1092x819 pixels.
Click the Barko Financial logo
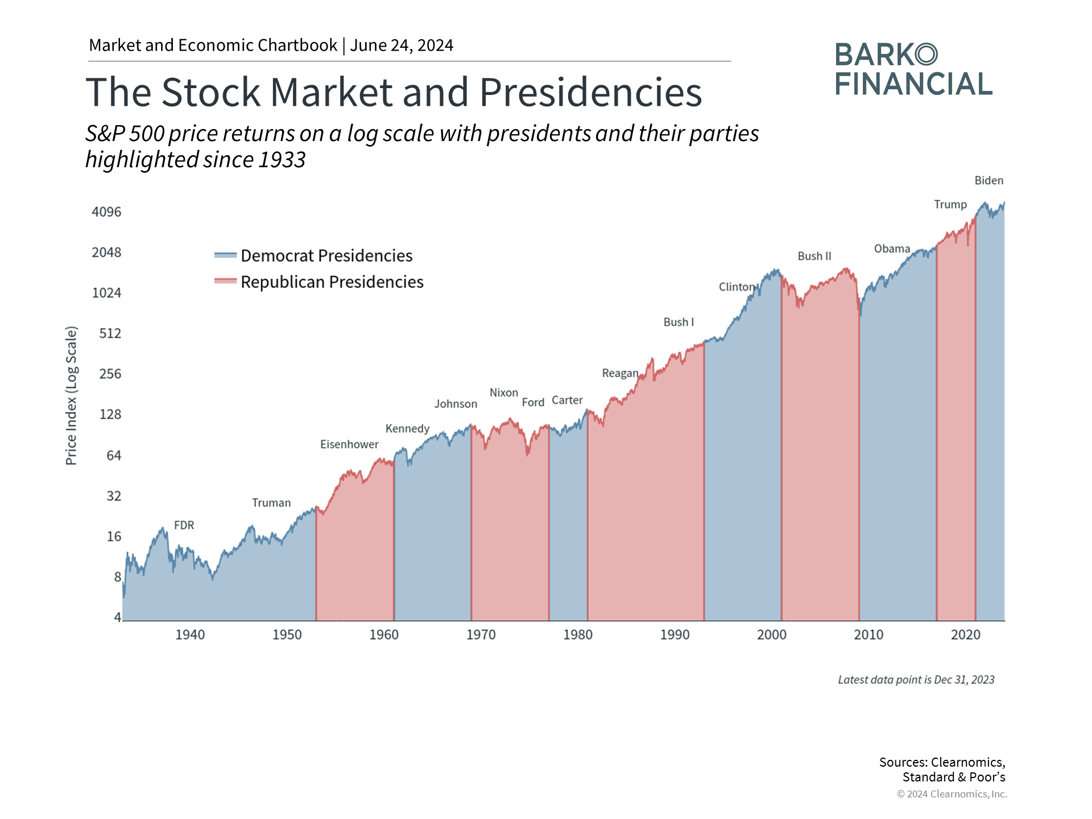(913, 69)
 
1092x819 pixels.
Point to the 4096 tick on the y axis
(106, 212)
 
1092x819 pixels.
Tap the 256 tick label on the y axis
(110, 374)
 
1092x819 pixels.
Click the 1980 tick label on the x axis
(578, 635)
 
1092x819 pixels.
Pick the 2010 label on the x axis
(868, 635)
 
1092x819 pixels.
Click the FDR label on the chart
(184, 526)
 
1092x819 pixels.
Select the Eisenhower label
(349, 444)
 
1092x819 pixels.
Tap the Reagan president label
(620, 373)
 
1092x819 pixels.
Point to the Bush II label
(814, 256)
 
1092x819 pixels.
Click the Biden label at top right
(988, 181)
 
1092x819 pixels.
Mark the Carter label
(567, 400)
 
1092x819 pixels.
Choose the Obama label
(892, 249)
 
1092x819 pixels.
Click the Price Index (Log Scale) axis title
(71, 396)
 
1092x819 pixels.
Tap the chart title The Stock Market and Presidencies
(394, 92)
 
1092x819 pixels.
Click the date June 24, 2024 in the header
(402, 45)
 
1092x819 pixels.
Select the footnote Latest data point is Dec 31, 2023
(916, 680)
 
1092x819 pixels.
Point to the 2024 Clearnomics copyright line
(952, 794)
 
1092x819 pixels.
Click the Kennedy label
(407, 428)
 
